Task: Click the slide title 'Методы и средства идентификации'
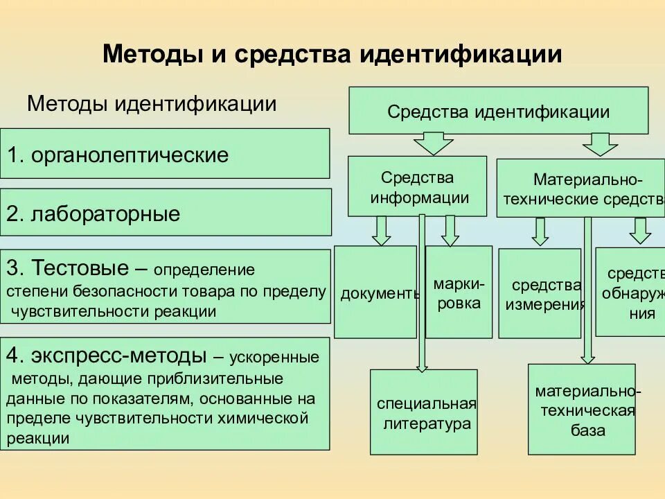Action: coord(332,55)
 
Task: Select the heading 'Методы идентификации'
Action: coord(152,104)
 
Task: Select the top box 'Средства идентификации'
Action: coord(498,111)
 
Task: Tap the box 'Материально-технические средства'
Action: coord(580,189)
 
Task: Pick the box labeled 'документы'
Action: coord(375,292)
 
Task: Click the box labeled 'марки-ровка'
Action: coord(459,292)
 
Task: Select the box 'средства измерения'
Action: coord(540,294)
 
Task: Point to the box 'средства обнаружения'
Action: coord(630,292)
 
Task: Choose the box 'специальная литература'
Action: coord(424,412)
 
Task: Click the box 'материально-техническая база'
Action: coord(581,410)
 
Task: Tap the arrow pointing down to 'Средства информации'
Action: coord(433,144)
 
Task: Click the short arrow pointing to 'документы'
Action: coord(381,231)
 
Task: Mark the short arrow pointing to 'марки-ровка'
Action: coord(450,231)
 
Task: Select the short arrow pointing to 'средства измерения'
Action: coord(541,231)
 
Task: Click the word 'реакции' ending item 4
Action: coord(38,437)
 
